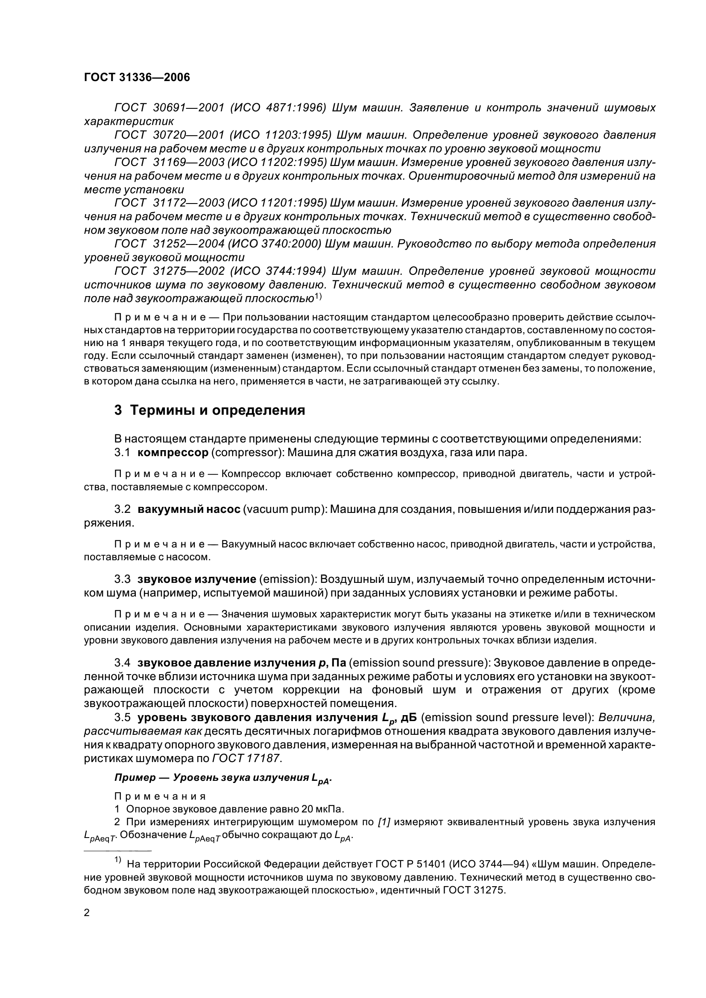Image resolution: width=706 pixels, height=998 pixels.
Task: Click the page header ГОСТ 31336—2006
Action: coord(137,77)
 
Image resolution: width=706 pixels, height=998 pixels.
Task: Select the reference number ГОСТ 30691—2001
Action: coord(169,108)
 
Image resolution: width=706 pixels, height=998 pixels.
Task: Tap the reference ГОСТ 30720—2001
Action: coord(169,135)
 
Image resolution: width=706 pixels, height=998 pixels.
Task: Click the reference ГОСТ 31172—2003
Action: coord(169,203)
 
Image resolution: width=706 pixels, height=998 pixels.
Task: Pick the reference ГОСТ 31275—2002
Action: coord(169,271)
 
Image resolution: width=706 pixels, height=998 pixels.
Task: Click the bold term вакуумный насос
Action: coord(189,509)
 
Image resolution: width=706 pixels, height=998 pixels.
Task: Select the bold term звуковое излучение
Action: coord(196,579)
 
